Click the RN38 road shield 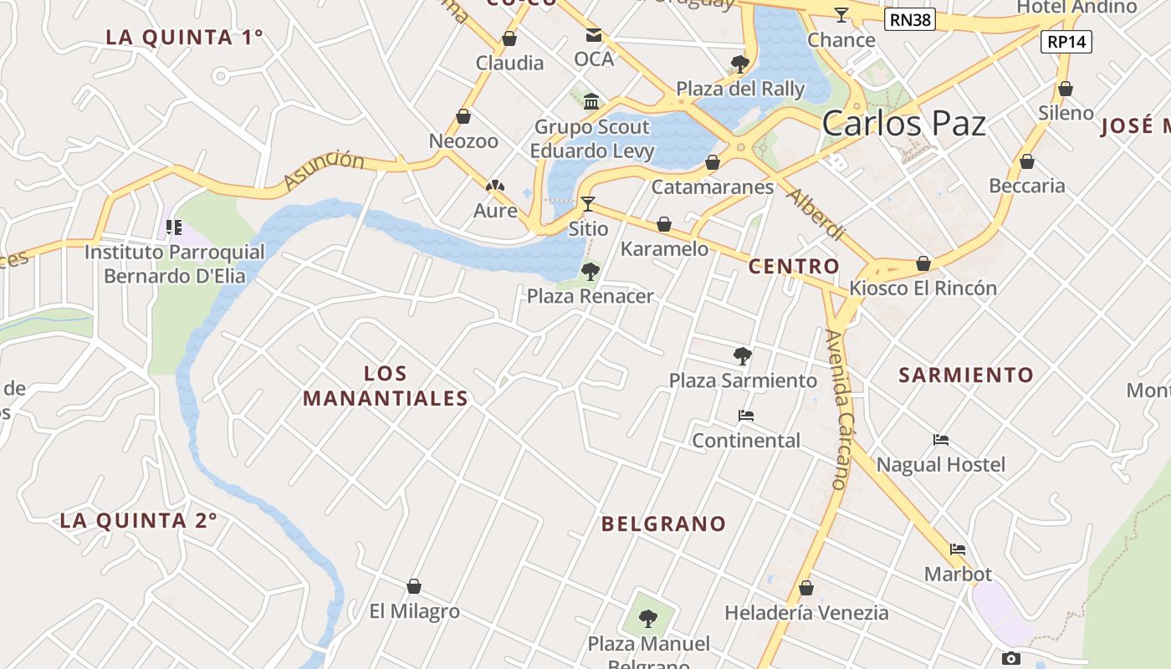coord(910,19)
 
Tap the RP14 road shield coord(1066,42)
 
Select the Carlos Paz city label coord(903,124)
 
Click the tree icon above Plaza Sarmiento coord(742,355)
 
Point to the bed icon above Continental coord(746,415)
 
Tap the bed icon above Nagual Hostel coord(941,440)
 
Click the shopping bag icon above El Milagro coord(414,586)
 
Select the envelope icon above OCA coord(594,35)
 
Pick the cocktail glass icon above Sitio coord(588,203)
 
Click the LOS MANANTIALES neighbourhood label coord(386,386)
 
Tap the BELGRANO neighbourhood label coord(664,524)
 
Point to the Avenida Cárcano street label coord(838,410)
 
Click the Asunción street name coord(324,170)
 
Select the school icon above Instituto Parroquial coord(174,227)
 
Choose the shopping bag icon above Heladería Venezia coord(806,588)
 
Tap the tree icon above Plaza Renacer coord(591,271)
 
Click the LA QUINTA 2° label coord(139,520)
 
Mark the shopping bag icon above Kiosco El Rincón coord(923,263)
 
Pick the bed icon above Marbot coord(958,549)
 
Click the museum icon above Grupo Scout coord(592,101)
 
